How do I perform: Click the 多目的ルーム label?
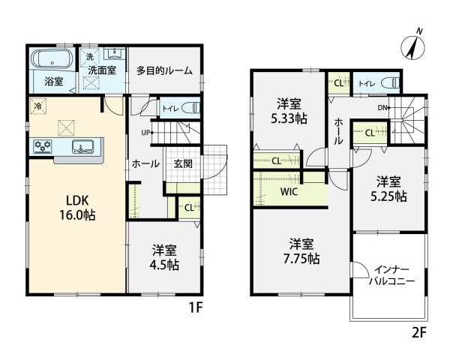click(164, 71)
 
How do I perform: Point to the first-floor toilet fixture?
click(188, 108)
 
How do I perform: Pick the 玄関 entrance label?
click(183, 164)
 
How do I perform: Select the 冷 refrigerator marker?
click(36, 106)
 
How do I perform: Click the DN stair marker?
click(384, 108)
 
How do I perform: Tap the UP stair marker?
click(148, 133)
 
